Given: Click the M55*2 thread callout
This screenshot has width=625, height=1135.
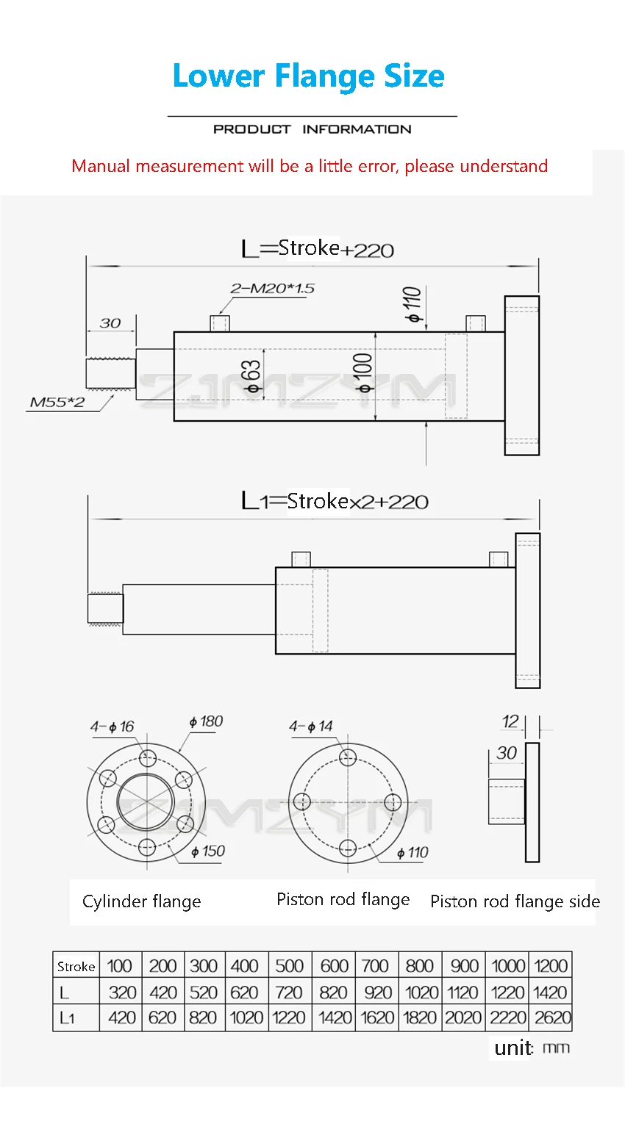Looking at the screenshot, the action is (x=57, y=403).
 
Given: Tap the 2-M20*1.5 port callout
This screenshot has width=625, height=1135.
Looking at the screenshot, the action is (x=272, y=288).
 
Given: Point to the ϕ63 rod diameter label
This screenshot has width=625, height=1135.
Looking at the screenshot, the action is (x=253, y=377).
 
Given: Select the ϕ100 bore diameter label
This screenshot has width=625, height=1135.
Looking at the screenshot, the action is (x=364, y=373).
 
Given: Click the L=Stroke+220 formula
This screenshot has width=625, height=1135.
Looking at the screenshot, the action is (x=318, y=249).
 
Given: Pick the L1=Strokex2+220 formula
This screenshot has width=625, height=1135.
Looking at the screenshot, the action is (x=335, y=501).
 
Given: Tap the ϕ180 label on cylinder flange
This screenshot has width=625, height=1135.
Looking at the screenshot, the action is (x=206, y=721).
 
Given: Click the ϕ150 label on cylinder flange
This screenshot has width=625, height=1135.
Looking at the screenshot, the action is (x=208, y=851).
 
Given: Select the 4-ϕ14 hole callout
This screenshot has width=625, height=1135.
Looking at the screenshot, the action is (x=310, y=726).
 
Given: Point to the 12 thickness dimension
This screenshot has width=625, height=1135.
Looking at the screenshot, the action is (x=510, y=721).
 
